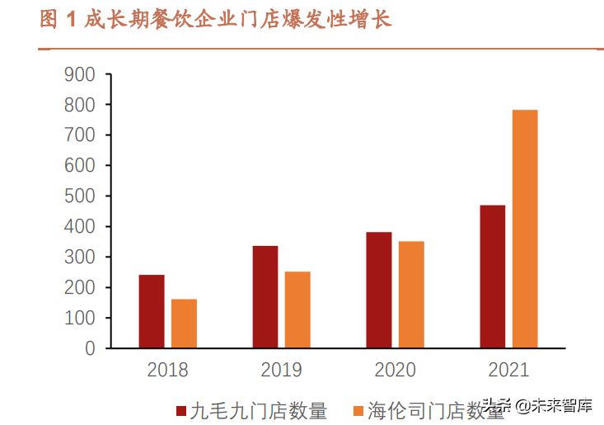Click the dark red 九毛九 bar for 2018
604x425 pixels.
[152, 311]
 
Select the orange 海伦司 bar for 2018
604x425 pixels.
[184, 323]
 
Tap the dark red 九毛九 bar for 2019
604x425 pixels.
[265, 296]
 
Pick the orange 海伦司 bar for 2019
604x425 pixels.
[297, 309]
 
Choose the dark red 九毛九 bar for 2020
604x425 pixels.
[379, 290]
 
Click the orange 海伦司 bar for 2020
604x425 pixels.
[411, 295]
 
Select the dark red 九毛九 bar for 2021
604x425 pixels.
[493, 276]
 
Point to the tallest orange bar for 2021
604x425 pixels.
[525, 229]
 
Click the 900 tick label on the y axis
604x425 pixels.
[79, 74]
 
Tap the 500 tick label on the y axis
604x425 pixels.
[79, 196]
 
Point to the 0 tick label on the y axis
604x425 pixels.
[90, 348]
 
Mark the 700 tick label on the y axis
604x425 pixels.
[79, 135]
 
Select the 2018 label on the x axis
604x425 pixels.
[167, 370]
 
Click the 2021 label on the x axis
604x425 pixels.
[508, 370]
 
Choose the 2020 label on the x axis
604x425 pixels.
[395, 370]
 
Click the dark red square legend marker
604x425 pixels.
[181, 410]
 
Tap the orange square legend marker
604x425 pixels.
[358, 410]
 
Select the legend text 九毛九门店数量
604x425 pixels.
[258, 410]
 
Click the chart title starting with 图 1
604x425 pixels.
[216, 21]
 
